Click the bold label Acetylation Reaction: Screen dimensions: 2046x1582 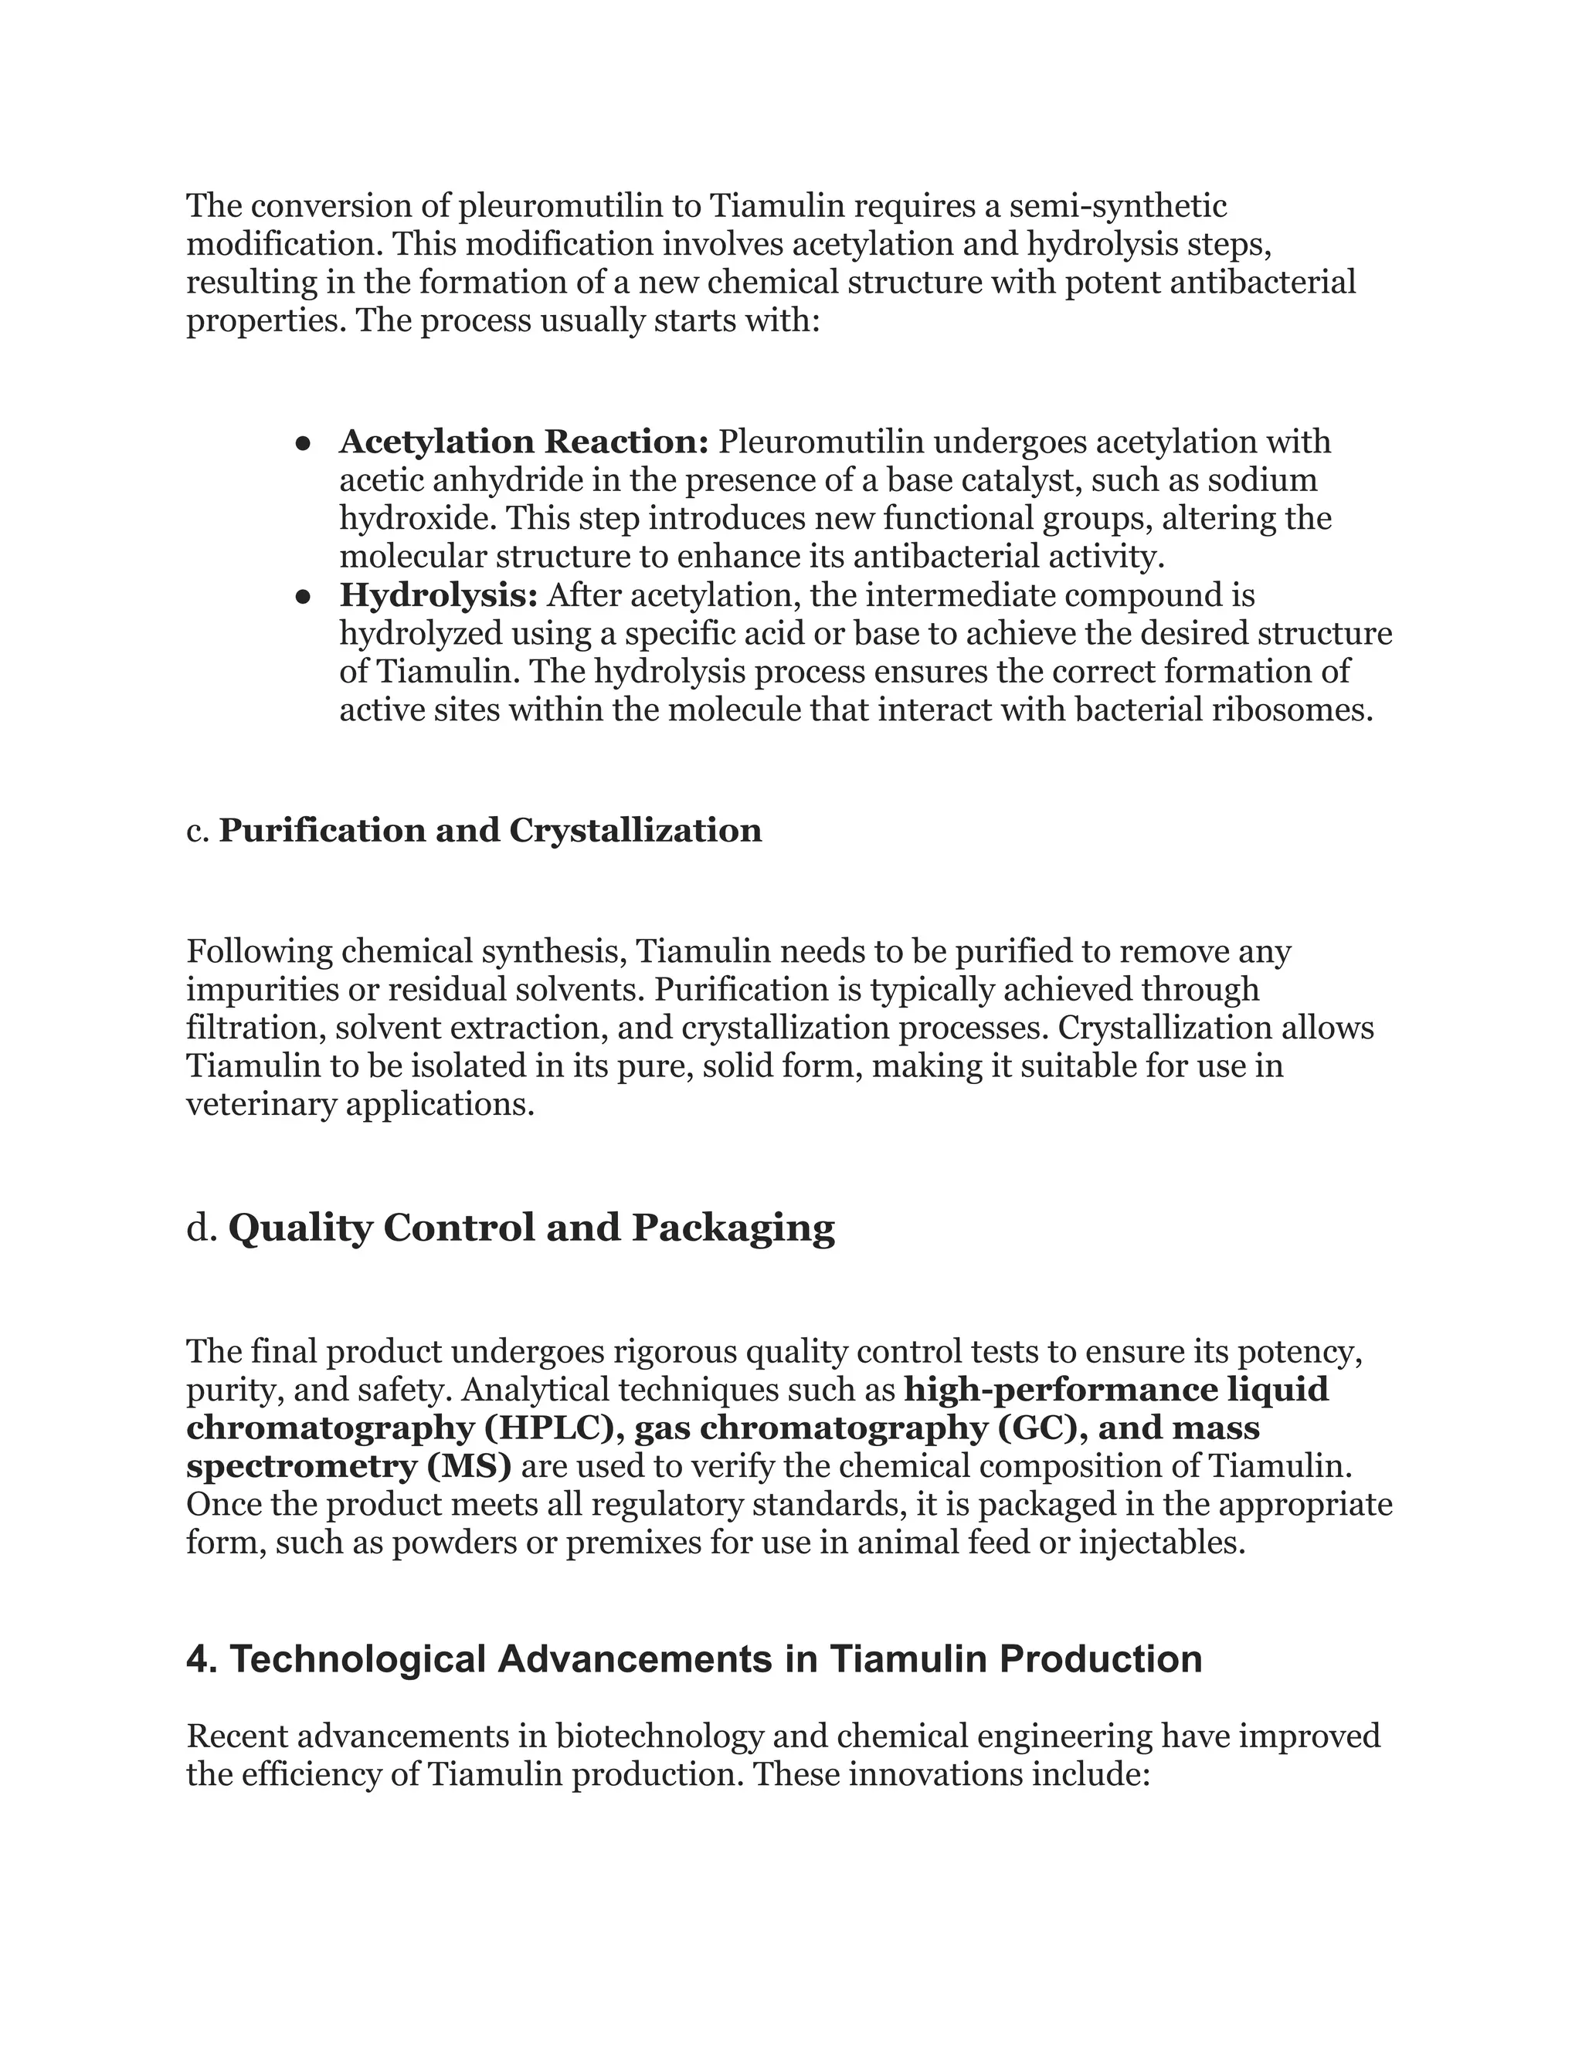(524, 441)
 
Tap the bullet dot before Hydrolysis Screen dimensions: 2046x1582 (303, 597)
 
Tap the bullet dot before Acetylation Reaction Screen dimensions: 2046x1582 (303, 443)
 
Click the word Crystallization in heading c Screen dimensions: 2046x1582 (636, 830)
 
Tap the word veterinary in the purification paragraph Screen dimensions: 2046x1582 (262, 1105)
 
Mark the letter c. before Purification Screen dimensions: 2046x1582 (197, 830)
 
